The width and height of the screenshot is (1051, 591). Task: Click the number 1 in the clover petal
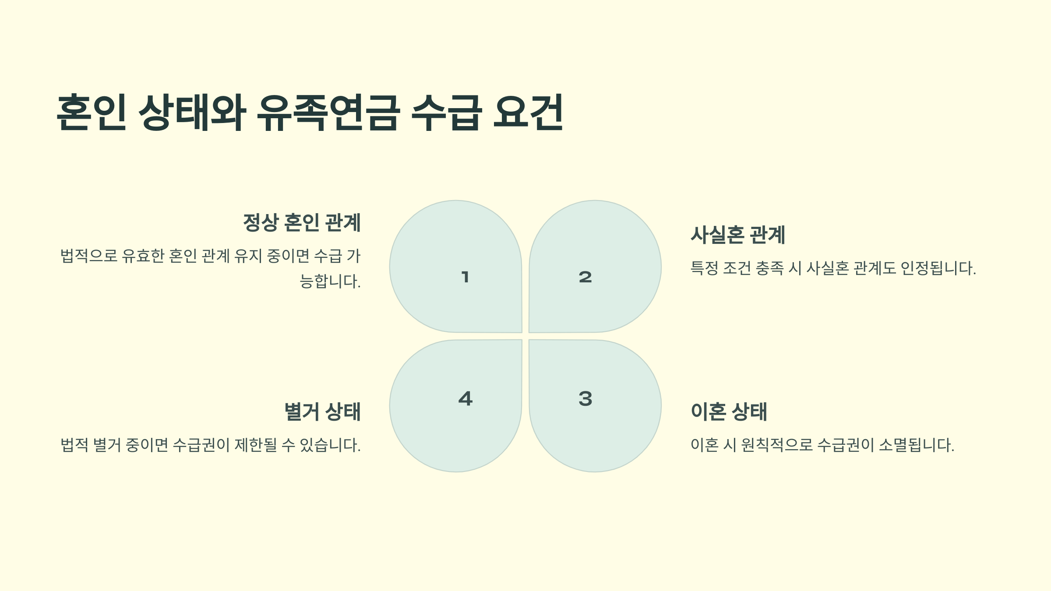(x=465, y=277)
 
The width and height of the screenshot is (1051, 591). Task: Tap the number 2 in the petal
(x=585, y=277)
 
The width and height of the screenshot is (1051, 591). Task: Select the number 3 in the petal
(x=585, y=399)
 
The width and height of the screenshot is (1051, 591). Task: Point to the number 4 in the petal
(x=465, y=399)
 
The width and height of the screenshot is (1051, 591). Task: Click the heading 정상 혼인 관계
(x=302, y=222)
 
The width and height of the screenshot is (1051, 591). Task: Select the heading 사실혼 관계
(x=738, y=235)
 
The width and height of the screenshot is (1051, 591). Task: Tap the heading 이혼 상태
(x=729, y=412)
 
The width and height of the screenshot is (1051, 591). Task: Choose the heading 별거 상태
(x=322, y=412)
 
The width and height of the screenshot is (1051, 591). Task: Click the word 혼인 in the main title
(x=92, y=113)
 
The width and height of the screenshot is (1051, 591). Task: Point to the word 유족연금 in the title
(x=328, y=113)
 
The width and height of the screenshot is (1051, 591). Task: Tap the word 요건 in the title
(x=528, y=113)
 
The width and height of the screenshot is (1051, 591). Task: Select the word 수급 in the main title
(x=447, y=113)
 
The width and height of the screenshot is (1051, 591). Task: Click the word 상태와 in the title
(x=192, y=113)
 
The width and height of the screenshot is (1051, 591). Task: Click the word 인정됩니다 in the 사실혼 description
(x=937, y=268)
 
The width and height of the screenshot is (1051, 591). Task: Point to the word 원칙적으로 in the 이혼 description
(x=776, y=445)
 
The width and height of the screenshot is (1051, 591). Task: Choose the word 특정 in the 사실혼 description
(x=704, y=268)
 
